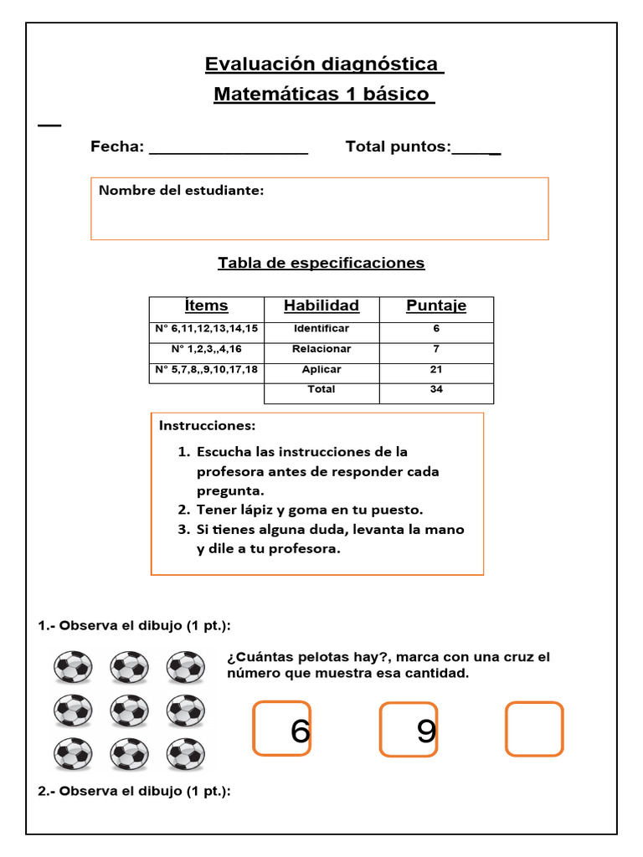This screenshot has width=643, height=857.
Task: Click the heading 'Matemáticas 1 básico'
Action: coord(324,95)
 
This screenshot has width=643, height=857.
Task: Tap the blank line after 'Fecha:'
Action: coord(228,149)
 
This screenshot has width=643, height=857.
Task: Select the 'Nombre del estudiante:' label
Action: coord(181,191)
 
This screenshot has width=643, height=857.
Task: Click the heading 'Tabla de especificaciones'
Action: coord(321,263)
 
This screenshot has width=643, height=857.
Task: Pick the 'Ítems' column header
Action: coord(206,306)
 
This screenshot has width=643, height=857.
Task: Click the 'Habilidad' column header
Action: coord(321,306)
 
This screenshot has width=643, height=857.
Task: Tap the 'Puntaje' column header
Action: coord(436,306)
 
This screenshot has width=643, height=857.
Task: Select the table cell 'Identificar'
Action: coord(321,329)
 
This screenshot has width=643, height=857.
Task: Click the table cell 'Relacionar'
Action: coord(321,349)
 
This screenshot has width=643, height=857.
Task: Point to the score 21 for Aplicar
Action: coord(436,369)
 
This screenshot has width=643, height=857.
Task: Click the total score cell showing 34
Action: coord(436,389)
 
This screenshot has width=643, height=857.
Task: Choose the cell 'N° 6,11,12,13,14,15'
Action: coord(206,329)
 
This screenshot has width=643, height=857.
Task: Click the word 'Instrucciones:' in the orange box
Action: coord(208,426)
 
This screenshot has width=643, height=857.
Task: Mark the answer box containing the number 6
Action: coord(282,729)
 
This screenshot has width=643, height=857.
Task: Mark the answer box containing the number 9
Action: coord(409,730)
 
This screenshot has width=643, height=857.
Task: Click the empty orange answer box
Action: coord(534,729)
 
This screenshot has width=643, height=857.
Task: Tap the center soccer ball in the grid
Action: coord(130,711)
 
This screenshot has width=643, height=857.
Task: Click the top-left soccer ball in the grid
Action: coord(73,668)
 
